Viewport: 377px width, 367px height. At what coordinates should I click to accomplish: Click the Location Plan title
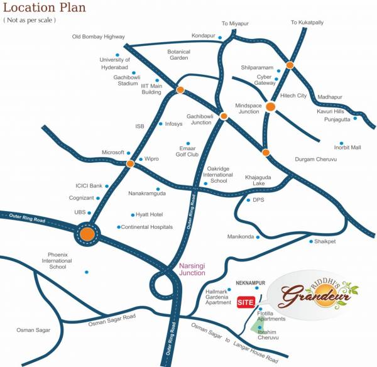[45, 9]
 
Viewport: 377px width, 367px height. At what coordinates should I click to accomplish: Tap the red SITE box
[245, 303]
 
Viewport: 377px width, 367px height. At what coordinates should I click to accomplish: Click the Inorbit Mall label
[347, 148]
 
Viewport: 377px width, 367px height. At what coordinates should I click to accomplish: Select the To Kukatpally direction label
[307, 23]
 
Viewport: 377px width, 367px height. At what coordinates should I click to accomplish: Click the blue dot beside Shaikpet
[310, 241]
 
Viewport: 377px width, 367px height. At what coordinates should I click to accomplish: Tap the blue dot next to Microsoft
[128, 153]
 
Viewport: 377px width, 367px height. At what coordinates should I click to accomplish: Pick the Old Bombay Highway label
[98, 37]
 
